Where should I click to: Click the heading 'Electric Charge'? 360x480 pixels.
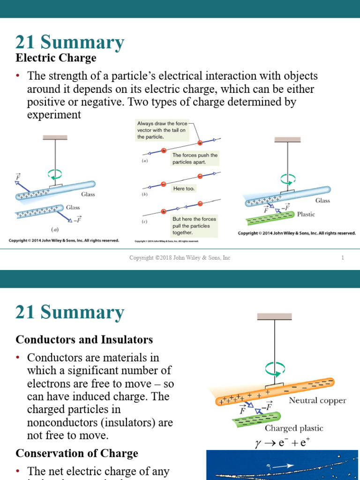point(56,58)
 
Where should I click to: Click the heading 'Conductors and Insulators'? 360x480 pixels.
point(84,339)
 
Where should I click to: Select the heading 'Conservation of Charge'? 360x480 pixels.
point(77,453)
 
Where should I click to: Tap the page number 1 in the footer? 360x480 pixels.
point(343,258)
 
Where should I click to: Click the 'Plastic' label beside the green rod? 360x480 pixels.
point(306,214)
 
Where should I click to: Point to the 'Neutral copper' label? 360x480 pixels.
point(317,400)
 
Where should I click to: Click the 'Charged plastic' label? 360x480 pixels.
point(294,428)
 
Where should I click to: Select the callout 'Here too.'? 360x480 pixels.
point(184,188)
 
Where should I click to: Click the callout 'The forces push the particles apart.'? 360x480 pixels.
point(195,158)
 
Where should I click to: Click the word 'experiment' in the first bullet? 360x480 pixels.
point(54,115)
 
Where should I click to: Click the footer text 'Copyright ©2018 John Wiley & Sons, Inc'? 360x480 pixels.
point(180,258)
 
